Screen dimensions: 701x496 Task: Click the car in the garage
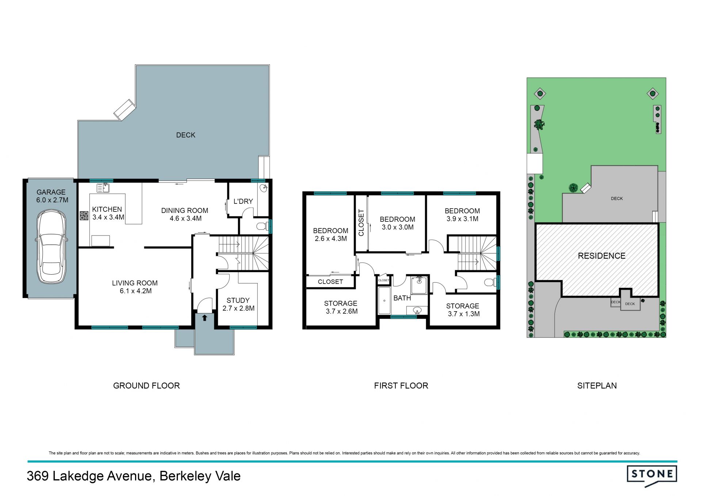(x=51, y=247)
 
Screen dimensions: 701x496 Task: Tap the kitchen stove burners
(x=84, y=216)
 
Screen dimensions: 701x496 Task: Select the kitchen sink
(x=103, y=188)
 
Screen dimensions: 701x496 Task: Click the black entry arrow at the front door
(x=204, y=318)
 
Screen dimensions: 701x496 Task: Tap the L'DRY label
(x=243, y=201)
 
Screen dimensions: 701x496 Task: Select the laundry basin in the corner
(x=264, y=188)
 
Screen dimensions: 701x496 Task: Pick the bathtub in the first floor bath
(x=384, y=301)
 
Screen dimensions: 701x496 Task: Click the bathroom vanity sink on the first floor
(x=417, y=311)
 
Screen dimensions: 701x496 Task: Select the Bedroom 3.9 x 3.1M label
(x=462, y=215)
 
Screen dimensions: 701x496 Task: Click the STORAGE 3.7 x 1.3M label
(x=463, y=310)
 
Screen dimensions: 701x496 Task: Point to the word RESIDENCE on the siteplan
(x=602, y=256)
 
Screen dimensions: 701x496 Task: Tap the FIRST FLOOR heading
(x=401, y=386)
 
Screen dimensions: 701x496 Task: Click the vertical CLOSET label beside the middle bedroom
(x=361, y=222)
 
